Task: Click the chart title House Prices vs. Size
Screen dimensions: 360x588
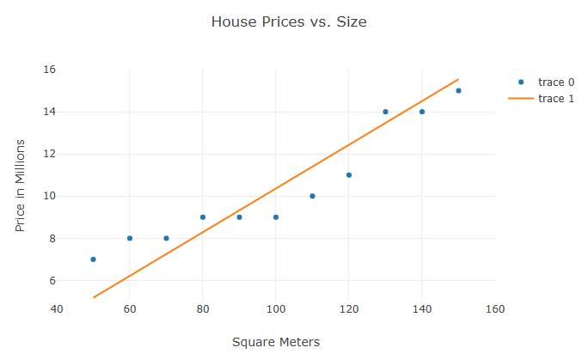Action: (289, 22)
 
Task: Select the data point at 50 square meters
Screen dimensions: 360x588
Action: (93, 259)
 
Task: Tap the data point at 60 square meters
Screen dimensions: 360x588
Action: (130, 238)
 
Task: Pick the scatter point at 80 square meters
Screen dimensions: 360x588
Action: (203, 217)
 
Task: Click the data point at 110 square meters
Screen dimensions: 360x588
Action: (312, 196)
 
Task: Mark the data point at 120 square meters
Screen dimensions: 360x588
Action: (349, 175)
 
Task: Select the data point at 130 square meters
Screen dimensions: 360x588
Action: (385, 112)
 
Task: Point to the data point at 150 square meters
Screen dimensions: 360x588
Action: (458, 90)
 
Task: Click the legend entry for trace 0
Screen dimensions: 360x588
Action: (549, 82)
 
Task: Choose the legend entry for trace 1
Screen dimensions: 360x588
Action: (549, 99)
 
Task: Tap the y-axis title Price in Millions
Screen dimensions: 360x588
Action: (21, 185)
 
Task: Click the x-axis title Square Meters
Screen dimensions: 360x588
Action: (276, 342)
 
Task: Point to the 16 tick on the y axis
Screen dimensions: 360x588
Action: (49, 70)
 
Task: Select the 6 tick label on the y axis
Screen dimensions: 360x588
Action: (52, 281)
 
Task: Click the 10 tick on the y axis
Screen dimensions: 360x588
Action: (49, 196)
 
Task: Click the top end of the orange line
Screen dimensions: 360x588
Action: (458, 79)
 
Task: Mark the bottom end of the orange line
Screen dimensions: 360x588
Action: (93, 297)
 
